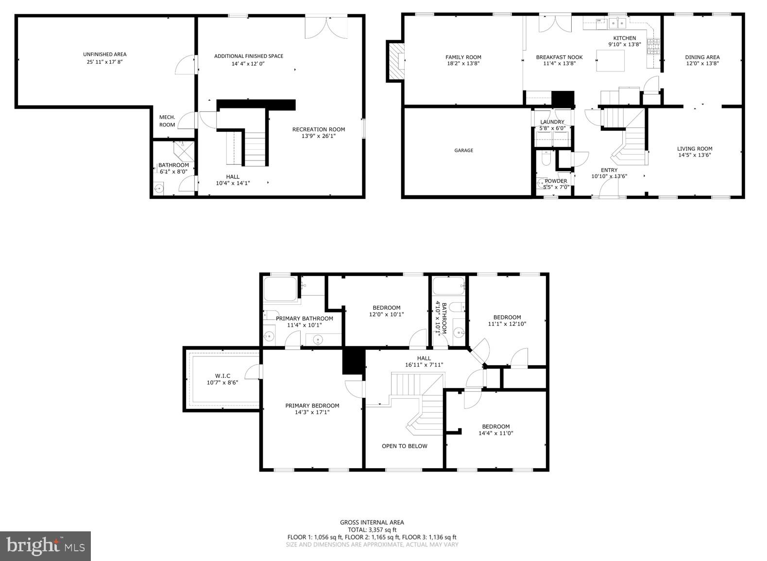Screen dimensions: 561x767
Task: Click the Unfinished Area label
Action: point(104,54)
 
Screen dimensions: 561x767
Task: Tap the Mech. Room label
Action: point(167,121)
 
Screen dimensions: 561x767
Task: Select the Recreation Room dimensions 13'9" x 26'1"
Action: point(318,136)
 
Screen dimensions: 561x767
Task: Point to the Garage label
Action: point(463,151)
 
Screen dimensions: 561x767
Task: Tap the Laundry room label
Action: point(552,122)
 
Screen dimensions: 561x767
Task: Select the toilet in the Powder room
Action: point(545,159)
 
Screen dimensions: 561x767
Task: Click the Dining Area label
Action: point(702,57)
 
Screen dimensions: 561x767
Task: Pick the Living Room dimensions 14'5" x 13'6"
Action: point(695,156)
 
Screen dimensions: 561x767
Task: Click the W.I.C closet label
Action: point(222,376)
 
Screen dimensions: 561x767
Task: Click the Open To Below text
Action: point(404,446)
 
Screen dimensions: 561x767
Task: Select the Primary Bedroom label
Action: point(312,406)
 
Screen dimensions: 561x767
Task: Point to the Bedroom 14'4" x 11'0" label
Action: point(495,426)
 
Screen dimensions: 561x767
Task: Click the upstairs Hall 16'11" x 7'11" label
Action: point(424,358)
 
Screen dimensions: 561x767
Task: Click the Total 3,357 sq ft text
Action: point(372,530)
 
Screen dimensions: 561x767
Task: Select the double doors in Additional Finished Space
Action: point(326,27)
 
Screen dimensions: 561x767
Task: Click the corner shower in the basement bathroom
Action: point(184,152)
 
